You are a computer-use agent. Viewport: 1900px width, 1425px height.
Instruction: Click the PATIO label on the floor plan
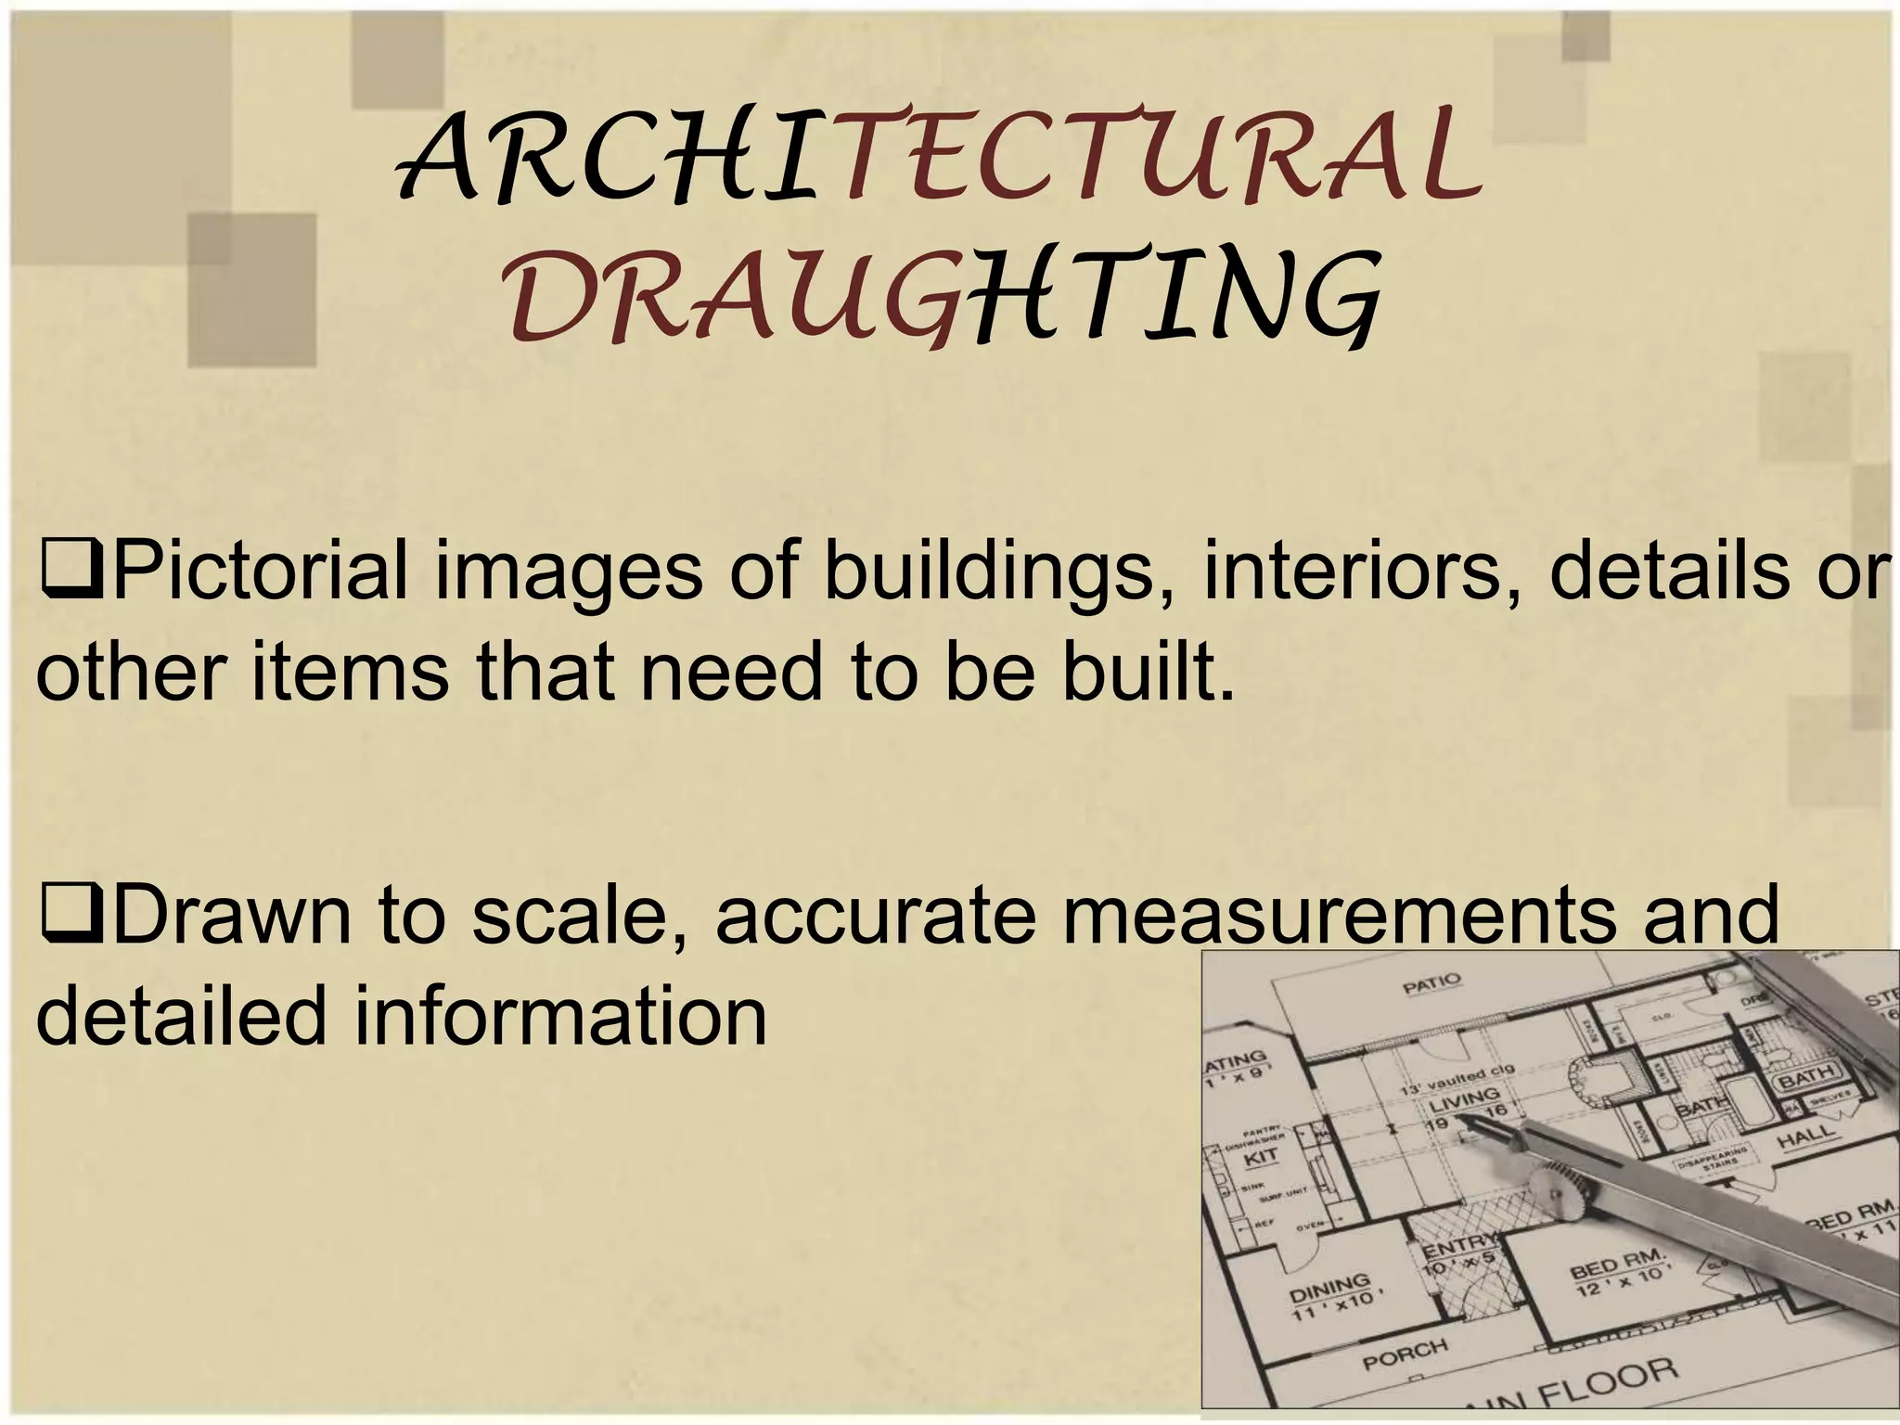(1431, 982)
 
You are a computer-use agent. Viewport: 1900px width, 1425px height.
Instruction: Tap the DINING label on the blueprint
(1331, 1288)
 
